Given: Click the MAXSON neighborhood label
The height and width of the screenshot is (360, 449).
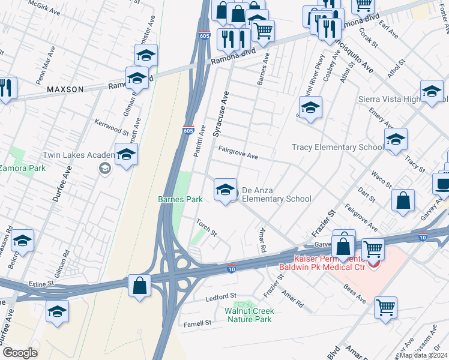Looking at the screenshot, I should (65, 89).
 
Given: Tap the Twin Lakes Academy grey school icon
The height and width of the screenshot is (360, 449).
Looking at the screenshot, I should (106, 169).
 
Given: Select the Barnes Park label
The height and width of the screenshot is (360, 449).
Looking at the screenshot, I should (180, 199).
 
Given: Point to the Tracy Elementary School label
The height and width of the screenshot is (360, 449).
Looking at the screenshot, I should (337, 148).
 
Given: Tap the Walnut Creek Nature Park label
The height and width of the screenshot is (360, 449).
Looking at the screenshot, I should (249, 315).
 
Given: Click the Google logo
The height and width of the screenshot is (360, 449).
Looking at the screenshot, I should (19, 353).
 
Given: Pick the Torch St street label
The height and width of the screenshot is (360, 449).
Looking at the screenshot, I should (206, 228).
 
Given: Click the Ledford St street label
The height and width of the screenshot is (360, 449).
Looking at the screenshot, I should (221, 297).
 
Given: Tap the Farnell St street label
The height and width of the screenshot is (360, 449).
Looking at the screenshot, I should (198, 323).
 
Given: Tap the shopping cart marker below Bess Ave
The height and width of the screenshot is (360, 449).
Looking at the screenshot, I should (385, 307).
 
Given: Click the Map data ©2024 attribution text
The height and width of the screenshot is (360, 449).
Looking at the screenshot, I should (423, 355).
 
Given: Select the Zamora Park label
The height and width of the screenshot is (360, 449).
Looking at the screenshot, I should (23, 169).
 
